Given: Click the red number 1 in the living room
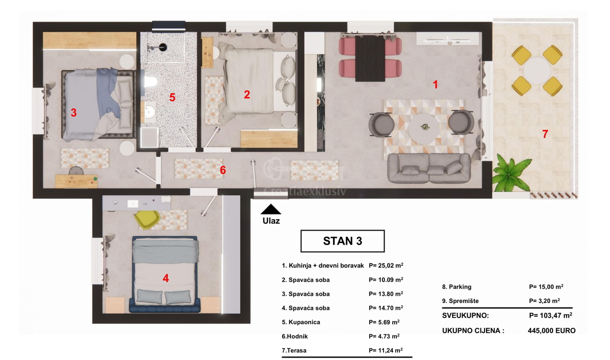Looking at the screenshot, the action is point(436,84).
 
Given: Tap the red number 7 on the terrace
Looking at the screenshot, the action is point(545,134).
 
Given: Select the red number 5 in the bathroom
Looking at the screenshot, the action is point(172,97).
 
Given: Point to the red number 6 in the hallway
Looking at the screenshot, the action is point(223,170).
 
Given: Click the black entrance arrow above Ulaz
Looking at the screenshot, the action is point(270,209).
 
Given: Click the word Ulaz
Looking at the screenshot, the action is point(271,221).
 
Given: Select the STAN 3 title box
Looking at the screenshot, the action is point(343,241).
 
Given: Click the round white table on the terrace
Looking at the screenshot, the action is point(537,71).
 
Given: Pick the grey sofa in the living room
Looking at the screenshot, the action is point(429,168).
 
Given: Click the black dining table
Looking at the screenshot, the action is point(370,58).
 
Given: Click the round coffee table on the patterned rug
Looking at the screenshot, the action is point(423,129).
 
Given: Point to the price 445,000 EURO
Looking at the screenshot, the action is point(552,331).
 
